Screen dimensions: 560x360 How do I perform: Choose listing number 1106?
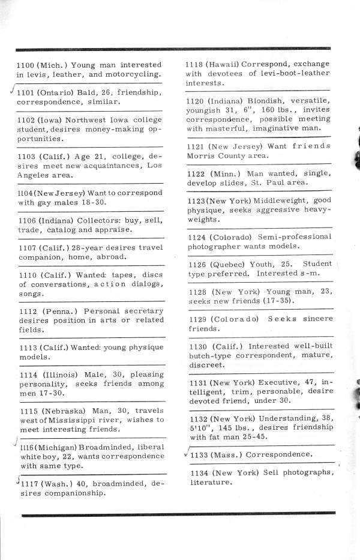point(27,220)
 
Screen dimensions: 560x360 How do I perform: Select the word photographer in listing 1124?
point(214,246)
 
